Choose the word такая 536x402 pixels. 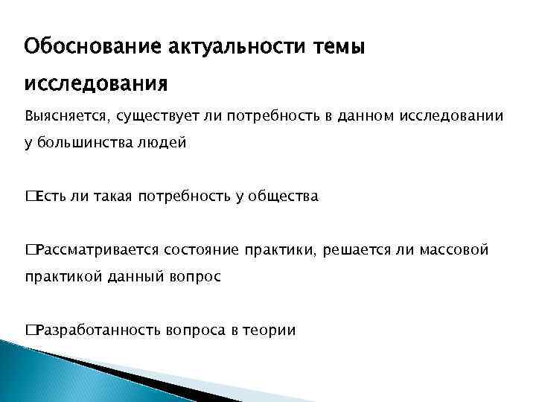(111, 197)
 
